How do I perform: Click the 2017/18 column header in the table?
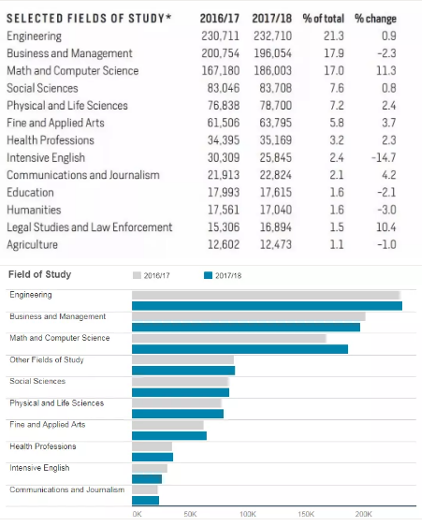pos(271,19)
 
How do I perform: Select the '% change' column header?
pos(375,19)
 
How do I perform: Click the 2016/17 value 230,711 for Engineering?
pos(221,36)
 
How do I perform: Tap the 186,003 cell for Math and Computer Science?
pos(272,71)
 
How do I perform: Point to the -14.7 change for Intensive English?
pos(384,157)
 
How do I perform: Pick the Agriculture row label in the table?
pos(32,245)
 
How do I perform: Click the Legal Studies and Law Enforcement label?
pos(90,227)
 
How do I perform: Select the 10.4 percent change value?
pos(386,227)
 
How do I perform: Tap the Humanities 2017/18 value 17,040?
pos(275,210)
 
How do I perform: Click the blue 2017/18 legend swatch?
pos(208,275)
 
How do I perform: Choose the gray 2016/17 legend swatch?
pos(137,275)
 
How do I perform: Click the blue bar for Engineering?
pos(267,306)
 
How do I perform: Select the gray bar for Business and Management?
pos(249,316)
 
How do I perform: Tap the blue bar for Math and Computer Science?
pos(239,349)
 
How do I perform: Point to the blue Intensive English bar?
pos(147,479)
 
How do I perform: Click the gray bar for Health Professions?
pos(152,446)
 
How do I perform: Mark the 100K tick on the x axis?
pos(248,514)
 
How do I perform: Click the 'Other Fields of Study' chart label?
pos(47,360)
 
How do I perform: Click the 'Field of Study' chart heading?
pos(39,274)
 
